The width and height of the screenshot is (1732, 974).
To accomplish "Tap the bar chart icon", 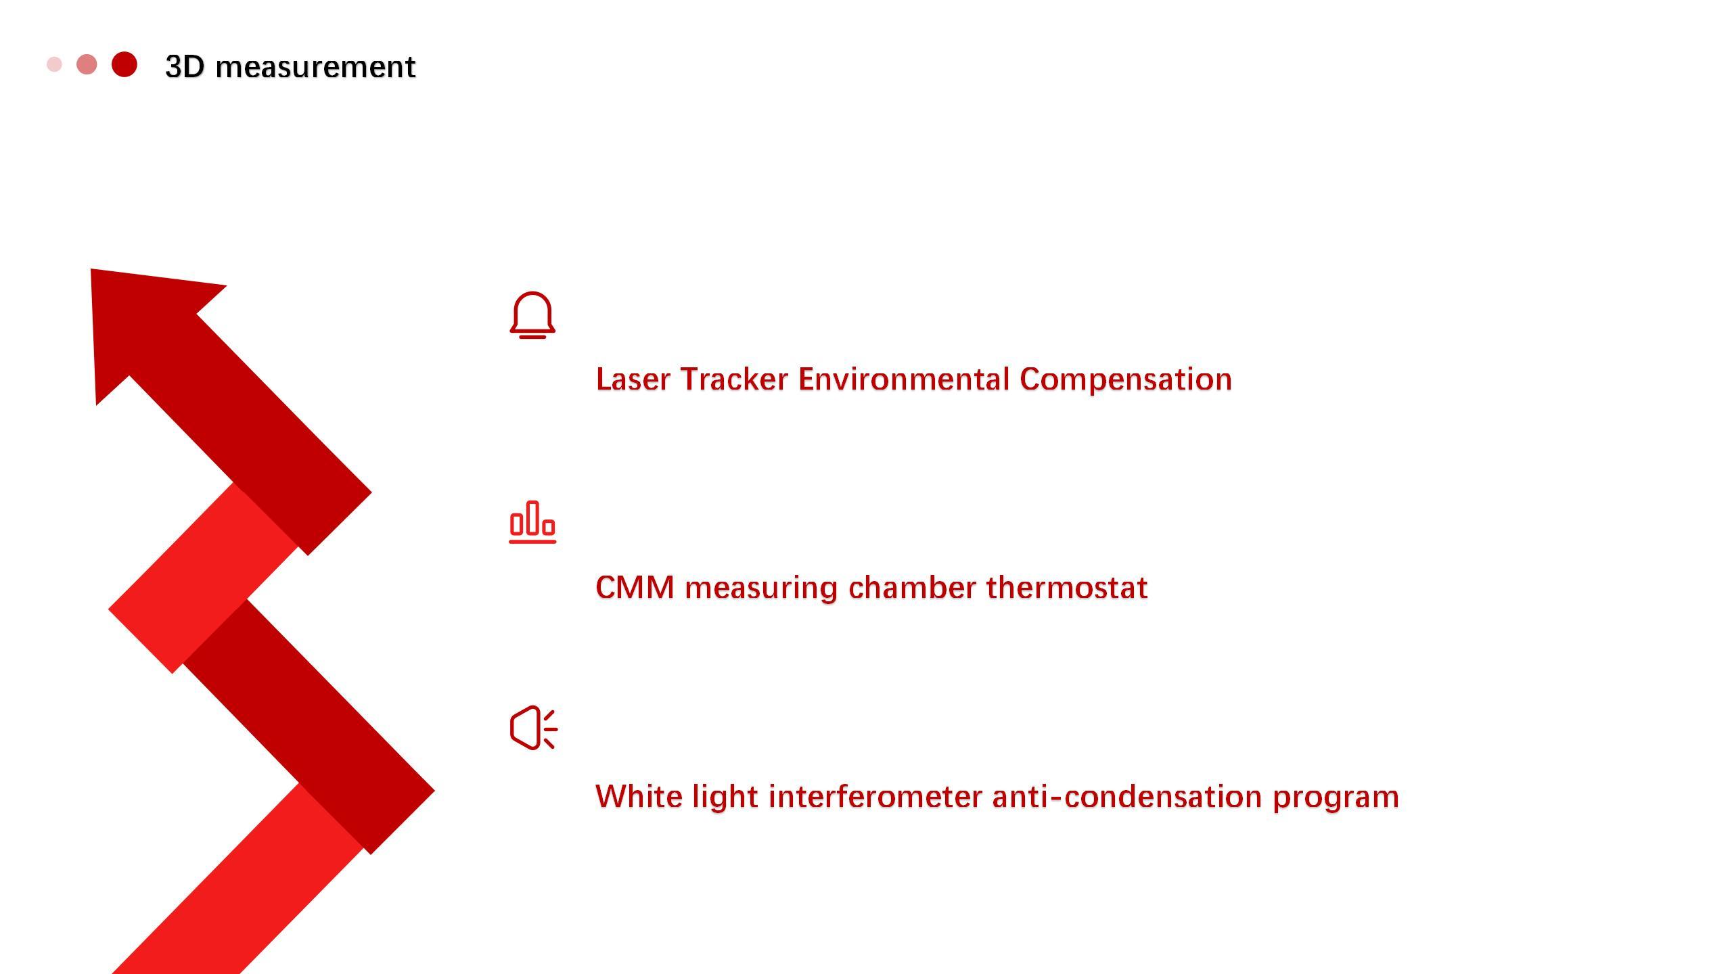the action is [x=532, y=522].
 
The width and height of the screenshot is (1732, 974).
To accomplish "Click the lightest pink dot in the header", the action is [x=54, y=64].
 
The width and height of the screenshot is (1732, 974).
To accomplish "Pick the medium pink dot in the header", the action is [x=87, y=64].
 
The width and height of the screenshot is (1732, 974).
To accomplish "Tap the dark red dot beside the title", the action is [x=124, y=64].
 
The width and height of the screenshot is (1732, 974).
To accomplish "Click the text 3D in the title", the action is [x=185, y=67].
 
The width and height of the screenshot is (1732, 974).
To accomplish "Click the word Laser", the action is [x=634, y=379].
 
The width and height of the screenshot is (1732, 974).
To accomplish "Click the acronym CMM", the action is [x=635, y=587].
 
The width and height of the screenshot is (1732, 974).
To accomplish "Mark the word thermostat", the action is [x=1067, y=587].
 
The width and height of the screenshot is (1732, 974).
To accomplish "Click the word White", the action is [x=639, y=796].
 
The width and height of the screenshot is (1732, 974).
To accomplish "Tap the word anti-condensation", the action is [x=1127, y=796].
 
